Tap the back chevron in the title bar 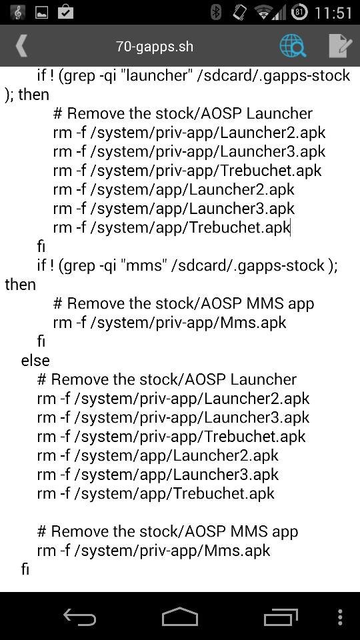tap(21, 45)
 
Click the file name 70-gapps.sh tap(155, 46)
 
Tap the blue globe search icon tap(293, 45)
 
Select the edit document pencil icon tap(340, 45)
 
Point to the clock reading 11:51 tap(333, 13)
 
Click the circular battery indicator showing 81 tap(299, 12)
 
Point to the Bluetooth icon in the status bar tap(215, 12)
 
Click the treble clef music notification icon tap(17, 12)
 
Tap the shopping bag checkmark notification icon tap(65, 12)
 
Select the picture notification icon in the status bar tap(41, 13)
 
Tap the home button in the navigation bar tap(179, 616)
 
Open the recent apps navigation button tap(281, 616)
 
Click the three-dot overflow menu tap(340, 617)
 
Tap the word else tap(35, 361)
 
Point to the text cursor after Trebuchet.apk tap(290, 227)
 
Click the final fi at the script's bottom tap(25, 569)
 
